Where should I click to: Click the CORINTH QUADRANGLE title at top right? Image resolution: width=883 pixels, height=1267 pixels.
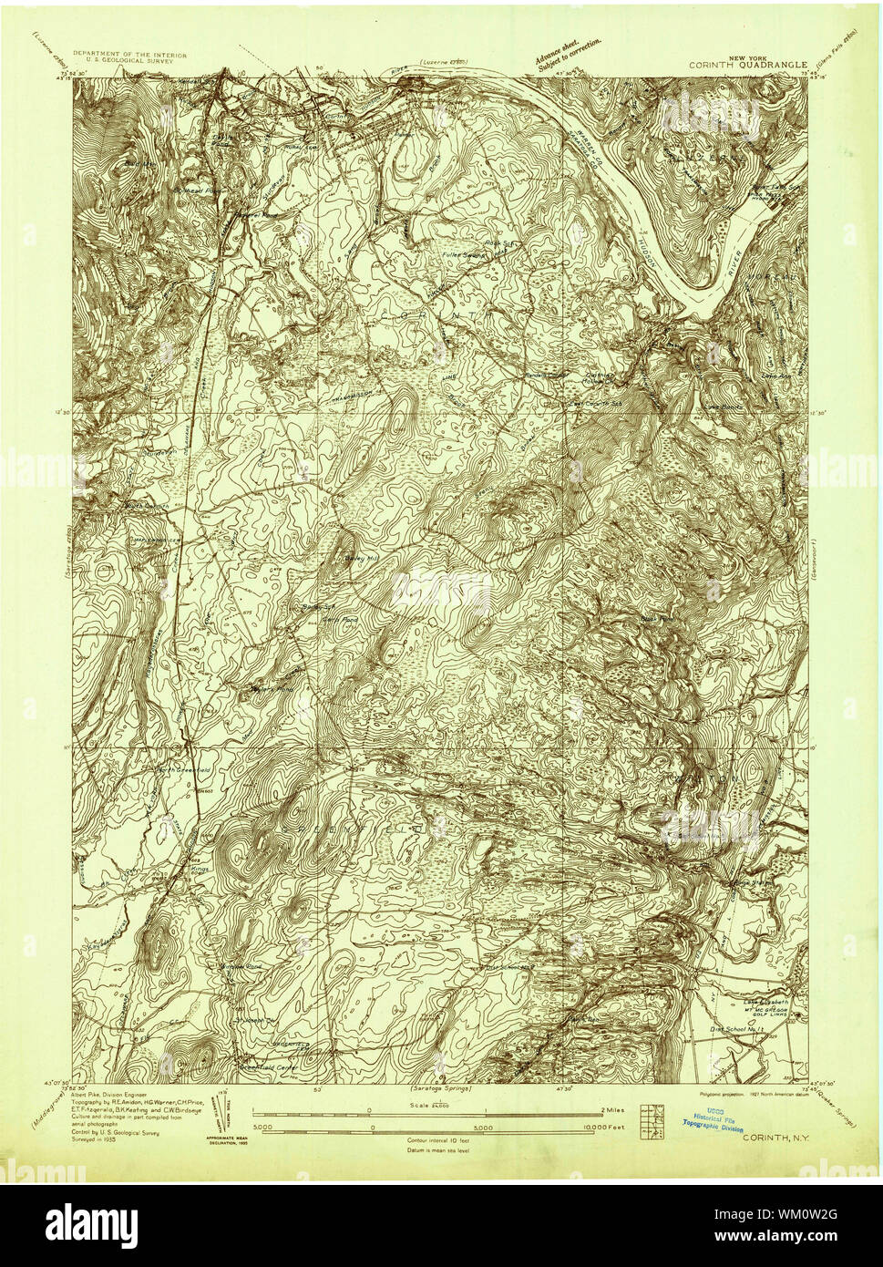click(753, 65)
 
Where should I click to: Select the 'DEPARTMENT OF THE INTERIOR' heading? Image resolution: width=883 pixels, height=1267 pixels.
click(129, 56)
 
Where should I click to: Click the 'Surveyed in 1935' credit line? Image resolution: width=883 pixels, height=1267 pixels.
click(95, 1139)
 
